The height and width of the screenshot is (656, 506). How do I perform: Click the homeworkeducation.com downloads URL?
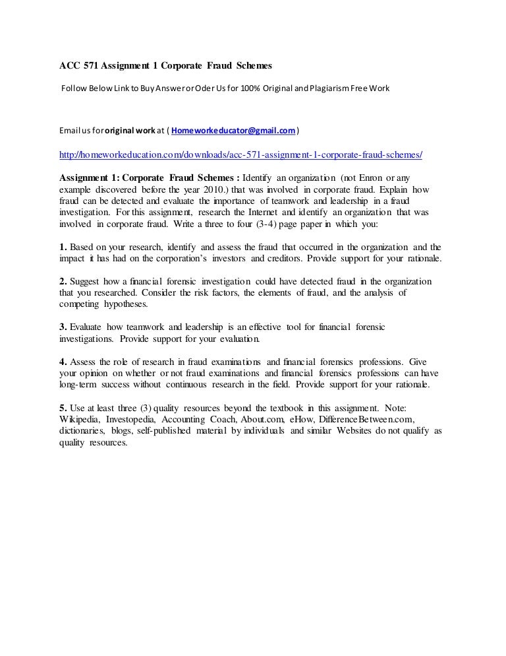pyautogui.click(x=240, y=154)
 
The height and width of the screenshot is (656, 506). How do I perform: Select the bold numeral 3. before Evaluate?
pyautogui.click(x=63, y=327)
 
